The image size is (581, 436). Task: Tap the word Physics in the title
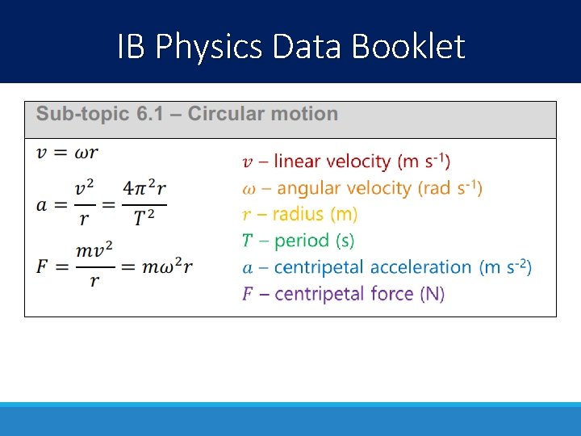pyautogui.click(x=210, y=47)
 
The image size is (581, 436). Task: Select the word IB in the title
pyautogui.click(x=131, y=47)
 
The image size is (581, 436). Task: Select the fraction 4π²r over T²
pyautogui.click(x=144, y=203)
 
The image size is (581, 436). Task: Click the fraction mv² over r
pyautogui.click(x=94, y=266)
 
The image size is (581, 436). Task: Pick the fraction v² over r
pyautogui.click(x=90, y=203)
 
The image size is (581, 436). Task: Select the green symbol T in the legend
pyautogui.click(x=248, y=241)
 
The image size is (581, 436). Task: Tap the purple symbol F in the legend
pyautogui.click(x=248, y=293)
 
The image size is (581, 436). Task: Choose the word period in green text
pyautogui.click(x=301, y=241)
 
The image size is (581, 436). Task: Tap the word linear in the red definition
pyautogui.click(x=296, y=161)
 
